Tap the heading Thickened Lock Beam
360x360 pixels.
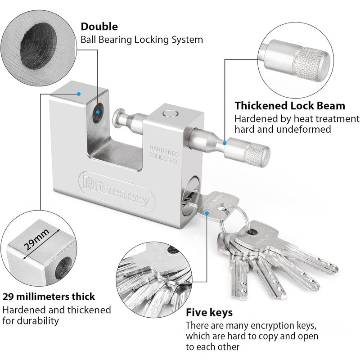(290, 106)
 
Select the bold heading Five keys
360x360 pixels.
(209, 312)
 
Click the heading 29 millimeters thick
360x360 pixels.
(49, 297)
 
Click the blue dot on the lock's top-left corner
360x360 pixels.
(79, 94)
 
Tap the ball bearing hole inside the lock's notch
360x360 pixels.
(98, 113)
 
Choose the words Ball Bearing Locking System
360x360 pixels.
(142, 40)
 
